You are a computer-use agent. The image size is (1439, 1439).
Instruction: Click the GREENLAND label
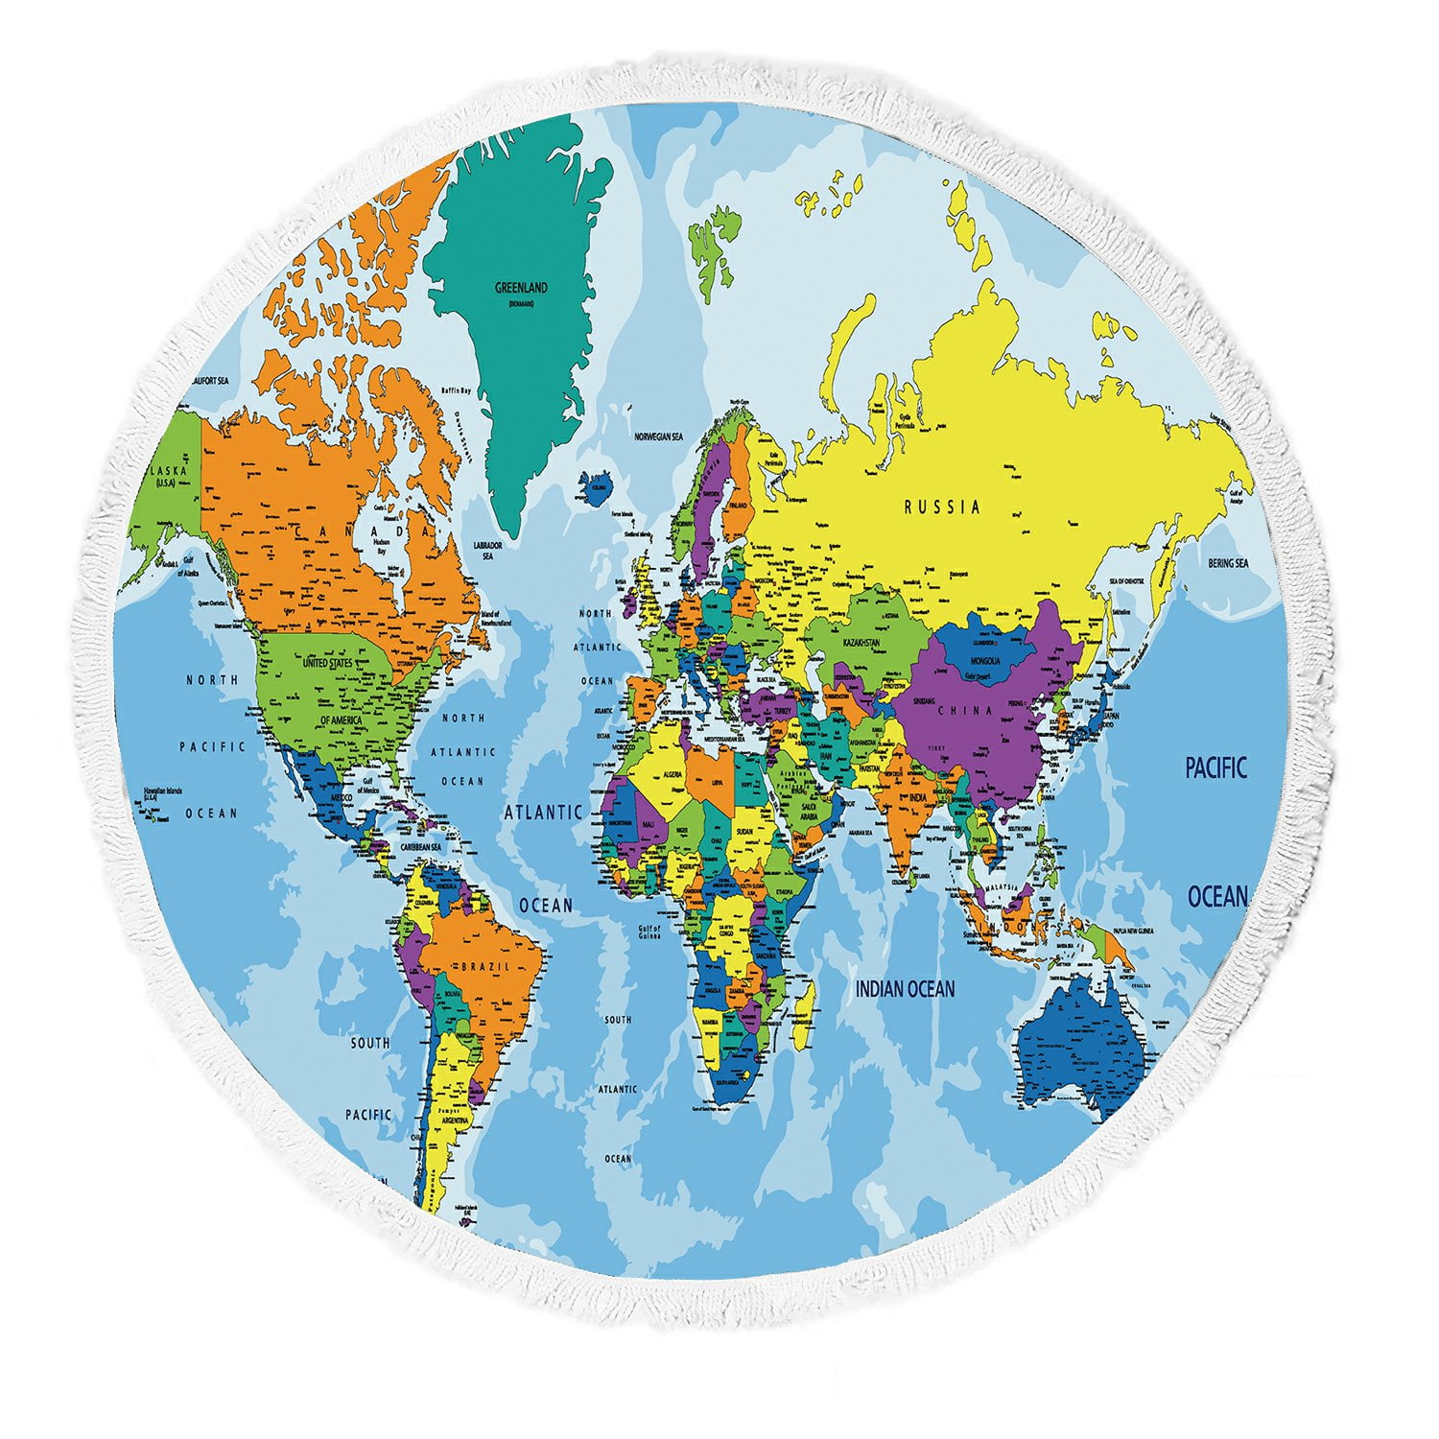point(521,287)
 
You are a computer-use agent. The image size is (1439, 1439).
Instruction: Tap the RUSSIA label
point(942,506)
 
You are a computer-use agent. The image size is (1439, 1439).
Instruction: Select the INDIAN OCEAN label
point(905,988)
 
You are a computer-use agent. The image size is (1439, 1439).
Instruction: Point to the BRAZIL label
point(487,966)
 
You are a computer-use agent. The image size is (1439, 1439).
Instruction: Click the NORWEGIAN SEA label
point(658,436)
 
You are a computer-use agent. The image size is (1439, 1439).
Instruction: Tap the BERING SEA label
point(1228,563)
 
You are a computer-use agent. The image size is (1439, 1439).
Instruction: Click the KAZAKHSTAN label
point(861,643)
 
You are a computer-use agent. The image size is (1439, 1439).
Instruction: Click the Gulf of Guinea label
point(649,932)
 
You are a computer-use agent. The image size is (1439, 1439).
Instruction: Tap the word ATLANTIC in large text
point(543,813)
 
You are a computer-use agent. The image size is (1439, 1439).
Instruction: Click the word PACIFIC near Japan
point(1215,768)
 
